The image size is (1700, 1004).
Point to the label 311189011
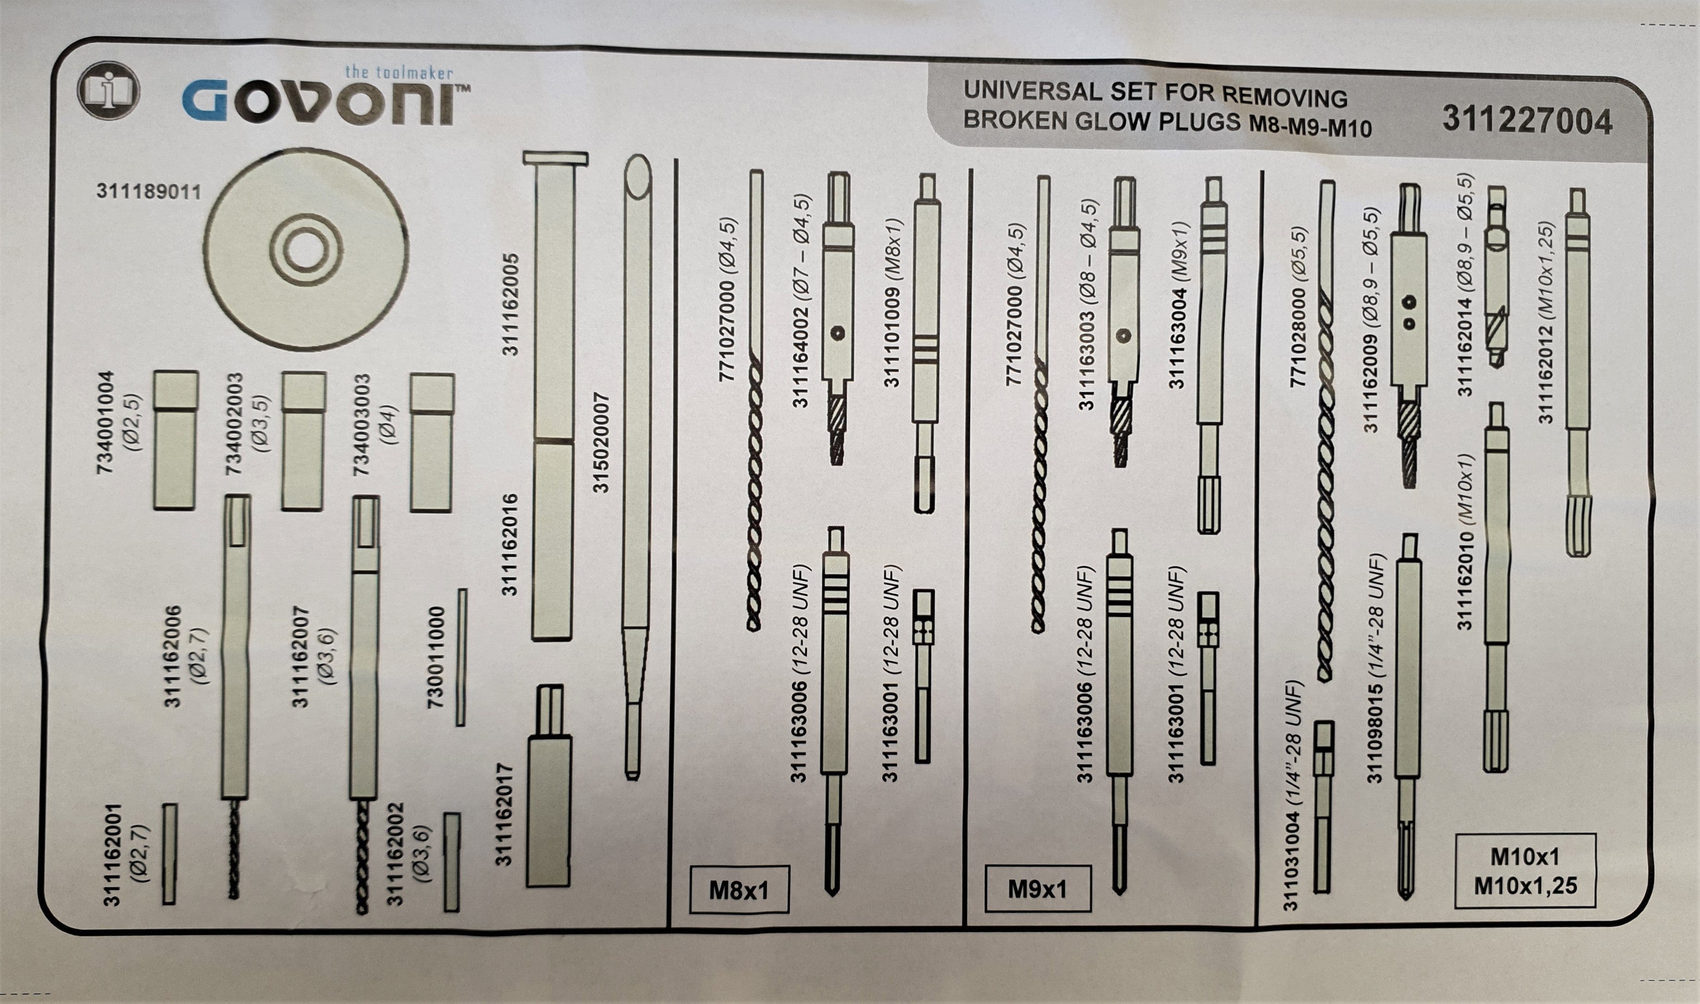(x=149, y=191)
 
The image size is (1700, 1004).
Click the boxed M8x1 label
(x=739, y=890)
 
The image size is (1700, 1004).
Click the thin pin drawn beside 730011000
(x=461, y=658)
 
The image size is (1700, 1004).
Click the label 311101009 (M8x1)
(x=893, y=302)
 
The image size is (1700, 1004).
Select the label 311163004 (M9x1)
(x=1178, y=304)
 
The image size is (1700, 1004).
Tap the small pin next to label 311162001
(x=170, y=854)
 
